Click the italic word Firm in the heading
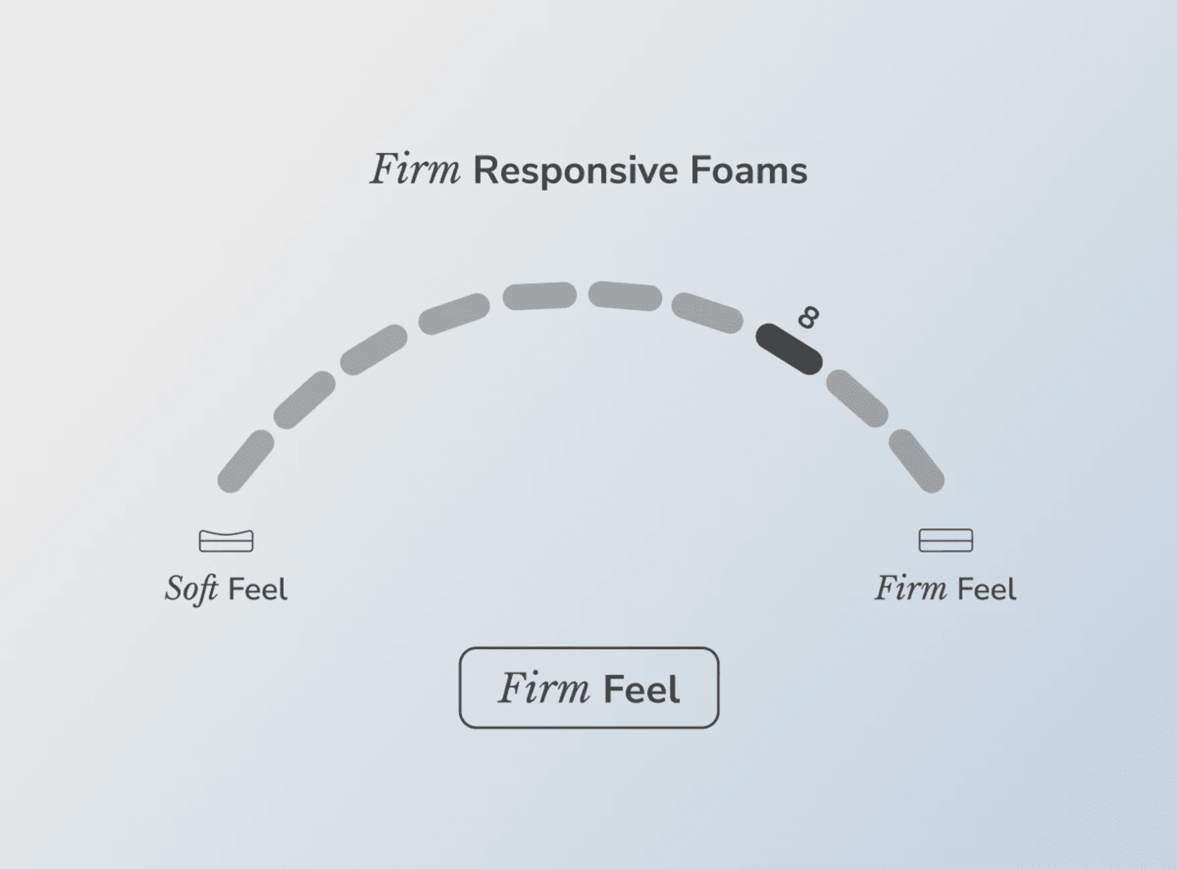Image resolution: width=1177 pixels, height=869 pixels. click(x=415, y=169)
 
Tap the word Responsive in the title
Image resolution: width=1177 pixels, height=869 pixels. click(x=575, y=171)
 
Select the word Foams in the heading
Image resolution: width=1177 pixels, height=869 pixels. click(x=749, y=170)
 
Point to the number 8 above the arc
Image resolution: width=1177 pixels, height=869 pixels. click(x=808, y=317)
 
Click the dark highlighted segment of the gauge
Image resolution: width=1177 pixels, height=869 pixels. click(x=789, y=349)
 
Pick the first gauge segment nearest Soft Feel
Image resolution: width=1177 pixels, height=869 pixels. click(x=246, y=461)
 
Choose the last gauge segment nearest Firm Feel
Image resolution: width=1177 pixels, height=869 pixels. click(x=917, y=461)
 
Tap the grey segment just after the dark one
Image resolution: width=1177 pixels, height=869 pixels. click(x=857, y=398)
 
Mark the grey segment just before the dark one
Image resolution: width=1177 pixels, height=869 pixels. click(x=708, y=313)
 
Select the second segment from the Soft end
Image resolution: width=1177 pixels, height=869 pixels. click(x=305, y=400)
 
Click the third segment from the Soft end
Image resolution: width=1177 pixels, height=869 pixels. click(x=374, y=350)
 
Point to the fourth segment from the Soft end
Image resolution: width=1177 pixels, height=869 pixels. click(x=454, y=313)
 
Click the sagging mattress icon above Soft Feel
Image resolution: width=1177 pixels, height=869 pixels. click(x=226, y=541)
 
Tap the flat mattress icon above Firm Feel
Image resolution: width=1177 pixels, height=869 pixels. click(x=945, y=540)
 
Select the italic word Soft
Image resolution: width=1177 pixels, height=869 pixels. click(x=191, y=589)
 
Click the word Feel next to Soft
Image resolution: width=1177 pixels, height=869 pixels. click(x=258, y=589)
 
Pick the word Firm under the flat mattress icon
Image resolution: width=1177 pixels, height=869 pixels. click(x=911, y=588)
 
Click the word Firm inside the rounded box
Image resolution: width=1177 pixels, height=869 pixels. click(x=544, y=688)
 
